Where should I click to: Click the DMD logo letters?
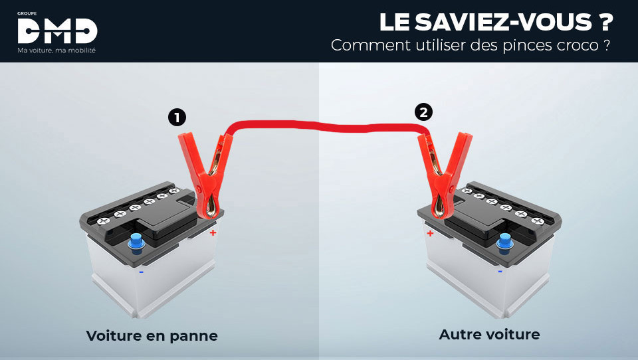57,31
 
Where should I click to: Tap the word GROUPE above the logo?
28,12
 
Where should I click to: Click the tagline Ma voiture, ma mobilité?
56,50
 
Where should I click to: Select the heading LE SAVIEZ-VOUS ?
495,22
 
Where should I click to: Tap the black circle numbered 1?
177,118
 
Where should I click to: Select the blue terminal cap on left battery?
136,242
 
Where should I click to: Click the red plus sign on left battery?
213,233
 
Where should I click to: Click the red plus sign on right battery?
430,233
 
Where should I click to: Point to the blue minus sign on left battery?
141,271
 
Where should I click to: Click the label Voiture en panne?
152,335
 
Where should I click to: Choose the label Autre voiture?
489,334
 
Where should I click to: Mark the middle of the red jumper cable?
326,126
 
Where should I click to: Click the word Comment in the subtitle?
362,46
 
